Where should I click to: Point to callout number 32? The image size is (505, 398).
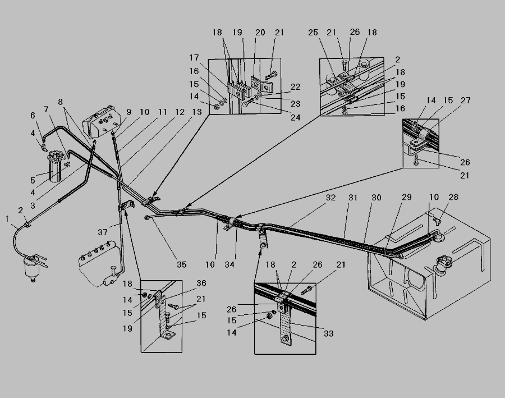[331, 198]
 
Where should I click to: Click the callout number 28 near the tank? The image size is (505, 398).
[453, 197]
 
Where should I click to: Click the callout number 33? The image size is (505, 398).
[329, 333]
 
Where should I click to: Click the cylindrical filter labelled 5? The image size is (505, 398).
[56, 168]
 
